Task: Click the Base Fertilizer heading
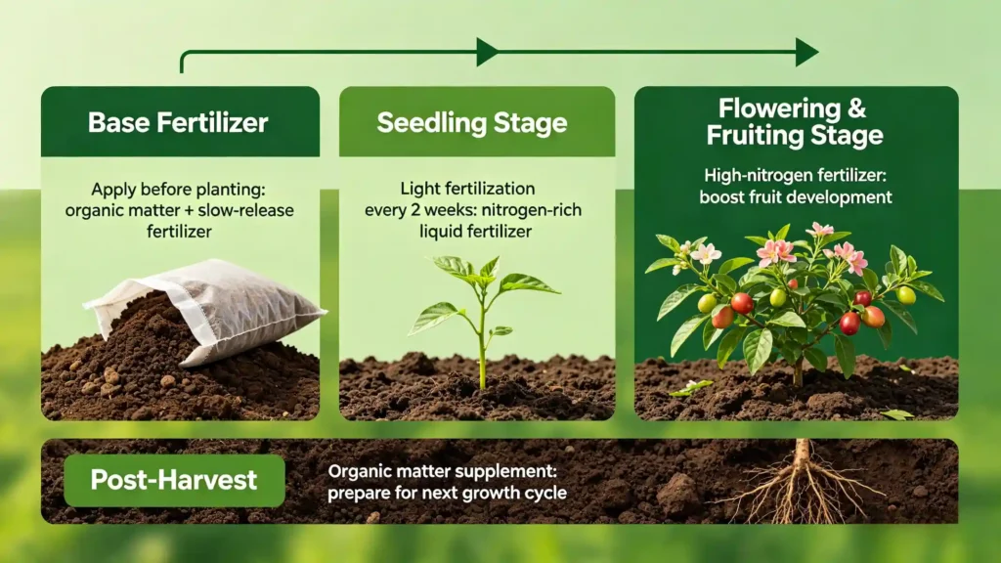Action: [x=178, y=122]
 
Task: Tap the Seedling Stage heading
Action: [x=472, y=122]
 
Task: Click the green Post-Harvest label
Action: [x=174, y=480]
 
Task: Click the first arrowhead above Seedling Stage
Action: [x=487, y=52]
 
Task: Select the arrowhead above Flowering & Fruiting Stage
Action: [x=806, y=52]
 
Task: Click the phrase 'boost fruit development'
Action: [x=796, y=196]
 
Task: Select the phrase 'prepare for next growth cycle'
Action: [x=447, y=493]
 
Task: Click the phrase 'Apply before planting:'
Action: [x=178, y=189]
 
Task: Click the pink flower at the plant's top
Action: [x=819, y=231]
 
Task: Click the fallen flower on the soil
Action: [x=691, y=387]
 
